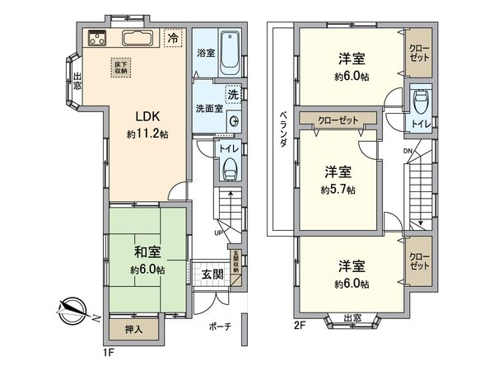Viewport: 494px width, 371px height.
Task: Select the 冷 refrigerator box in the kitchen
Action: (x=173, y=38)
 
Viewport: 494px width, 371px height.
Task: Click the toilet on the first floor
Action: (x=231, y=169)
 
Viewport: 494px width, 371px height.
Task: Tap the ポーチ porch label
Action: (x=221, y=326)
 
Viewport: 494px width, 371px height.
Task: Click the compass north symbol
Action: (x=70, y=311)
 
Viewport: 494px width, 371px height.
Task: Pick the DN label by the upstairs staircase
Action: (x=408, y=152)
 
